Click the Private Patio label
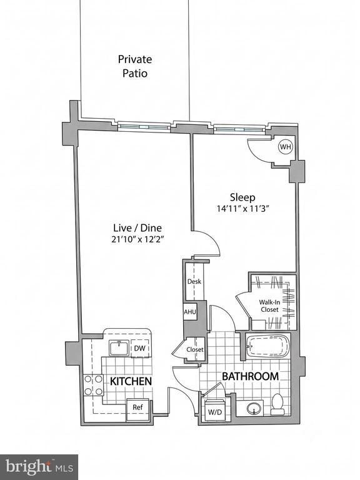tap(135, 66)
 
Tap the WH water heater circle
tap(285, 147)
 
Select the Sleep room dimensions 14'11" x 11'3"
tap(242, 209)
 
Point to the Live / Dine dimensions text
tap(137, 239)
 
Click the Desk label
tap(194, 281)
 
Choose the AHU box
tap(190, 312)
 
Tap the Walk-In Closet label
tap(270, 306)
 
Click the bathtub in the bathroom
tap(267, 346)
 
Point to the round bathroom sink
tap(254, 407)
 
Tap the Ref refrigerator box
tap(137, 407)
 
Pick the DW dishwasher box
tap(139, 348)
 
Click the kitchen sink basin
tap(119, 348)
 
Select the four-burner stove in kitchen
tap(93, 385)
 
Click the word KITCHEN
tap(131, 381)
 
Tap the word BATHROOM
tap(250, 376)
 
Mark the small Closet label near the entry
tap(195, 349)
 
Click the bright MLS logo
tap(39, 467)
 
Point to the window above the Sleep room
tap(239, 129)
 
